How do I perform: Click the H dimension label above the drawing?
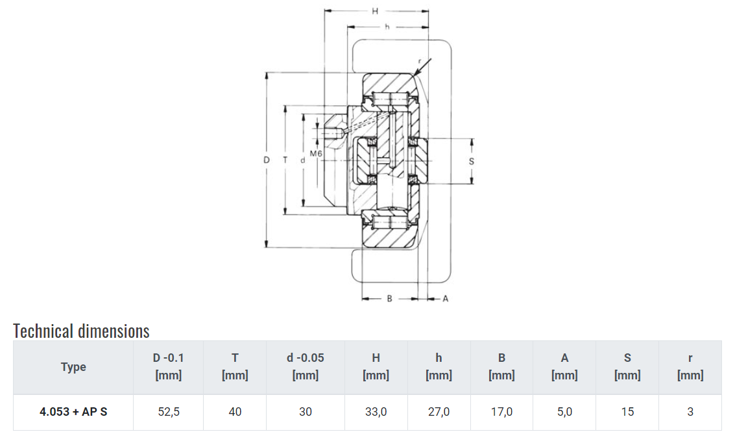pos(375,11)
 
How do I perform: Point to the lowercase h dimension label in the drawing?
pos(387,27)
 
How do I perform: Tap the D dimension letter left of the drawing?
pos(266,160)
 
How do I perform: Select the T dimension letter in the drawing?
pos(285,160)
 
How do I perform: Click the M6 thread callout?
pos(316,154)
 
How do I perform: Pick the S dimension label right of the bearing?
pos(472,161)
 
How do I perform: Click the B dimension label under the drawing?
pos(389,299)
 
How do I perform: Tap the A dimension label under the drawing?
pos(445,299)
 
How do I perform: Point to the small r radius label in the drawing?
pos(420,60)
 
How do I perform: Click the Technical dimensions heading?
pos(81,331)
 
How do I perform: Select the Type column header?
pos(73,367)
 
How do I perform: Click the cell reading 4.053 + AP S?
pos(73,412)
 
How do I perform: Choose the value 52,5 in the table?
pos(168,412)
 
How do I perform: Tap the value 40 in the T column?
pos(235,412)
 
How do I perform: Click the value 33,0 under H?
pos(376,412)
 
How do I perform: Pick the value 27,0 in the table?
pos(439,412)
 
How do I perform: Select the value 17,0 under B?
pos(501,412)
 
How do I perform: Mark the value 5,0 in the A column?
pos(564,412)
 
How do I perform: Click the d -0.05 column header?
pos(305,366)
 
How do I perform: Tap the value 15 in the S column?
pos(627,412)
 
